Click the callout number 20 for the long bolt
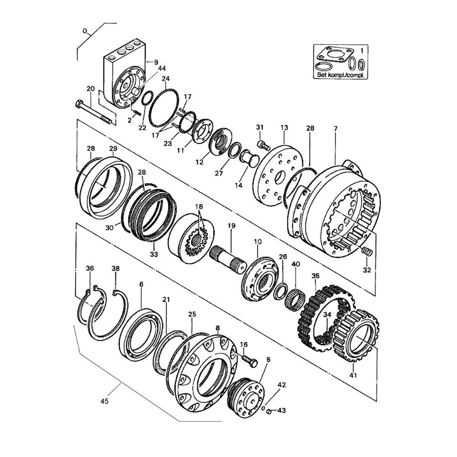(x=90, y=88)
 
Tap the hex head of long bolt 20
(x=79, y=104)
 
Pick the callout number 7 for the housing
(x=335, y=128)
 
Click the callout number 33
(x=154, y=255)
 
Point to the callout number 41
(x=353, y=375)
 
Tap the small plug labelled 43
(x=269, y=412)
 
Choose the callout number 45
(x=104, y=401)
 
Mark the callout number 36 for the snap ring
(x=90, y=268)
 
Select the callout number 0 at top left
(x=85, y=31)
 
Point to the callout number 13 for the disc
(x=284, y=128)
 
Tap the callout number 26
(x=283, y=257)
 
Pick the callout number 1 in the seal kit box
(x=362, y=51)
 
